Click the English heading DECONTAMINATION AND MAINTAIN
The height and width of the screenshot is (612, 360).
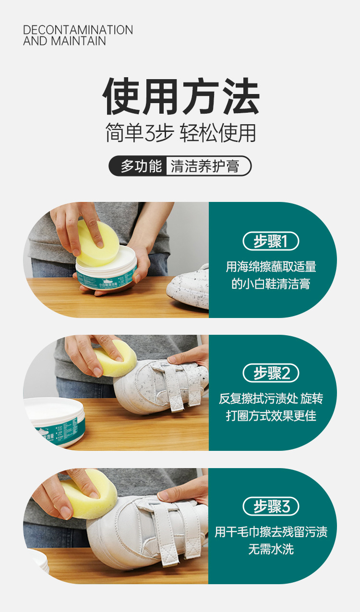click(x=78, y=35)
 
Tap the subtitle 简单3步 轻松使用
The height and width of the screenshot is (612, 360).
click(x=180, y=133)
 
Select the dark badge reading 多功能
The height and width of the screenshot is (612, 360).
click(x=141, y=166)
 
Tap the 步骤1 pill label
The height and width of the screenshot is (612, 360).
click(x=271, y=241)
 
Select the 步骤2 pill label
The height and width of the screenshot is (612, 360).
click(x=271, y=373)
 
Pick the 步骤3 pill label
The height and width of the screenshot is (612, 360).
click(x=271, y=506)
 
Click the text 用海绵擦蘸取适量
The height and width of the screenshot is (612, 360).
click(x=271, y=267)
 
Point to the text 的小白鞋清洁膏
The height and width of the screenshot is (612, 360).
click(x=271, y=284)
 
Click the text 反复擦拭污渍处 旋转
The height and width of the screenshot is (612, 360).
click(x=271, y=399)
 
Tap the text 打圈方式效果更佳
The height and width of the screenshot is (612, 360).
click(x=271, y=416)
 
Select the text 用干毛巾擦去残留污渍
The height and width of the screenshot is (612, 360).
click(x=271, y=531)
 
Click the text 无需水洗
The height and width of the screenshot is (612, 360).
click(x=271, y=549)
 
